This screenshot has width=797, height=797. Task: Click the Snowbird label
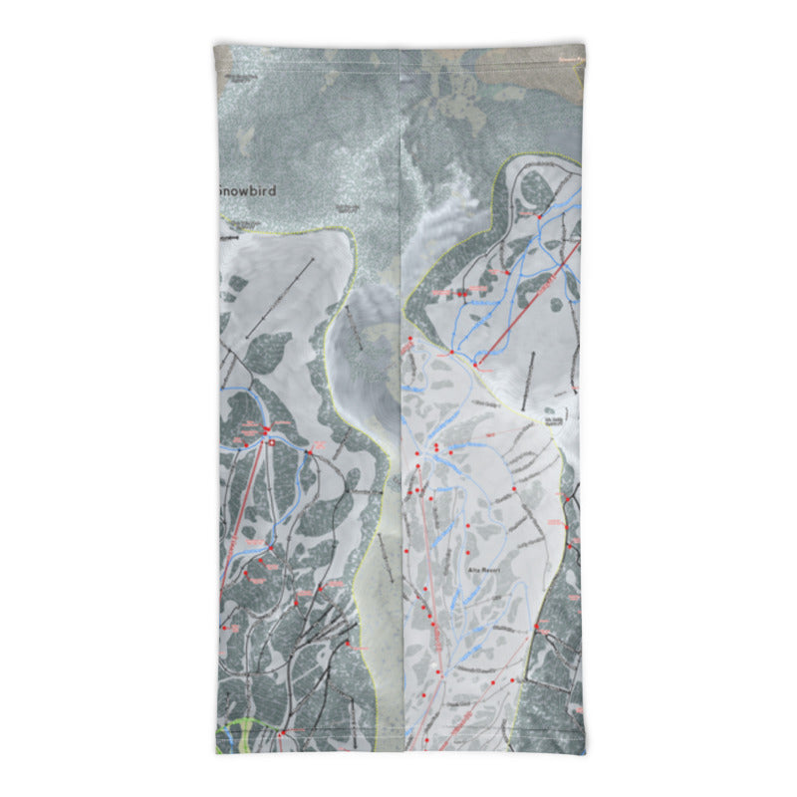click(246, 189)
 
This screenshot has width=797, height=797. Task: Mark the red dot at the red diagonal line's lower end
click(476, 366)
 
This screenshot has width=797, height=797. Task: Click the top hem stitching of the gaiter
click(398, 46)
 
